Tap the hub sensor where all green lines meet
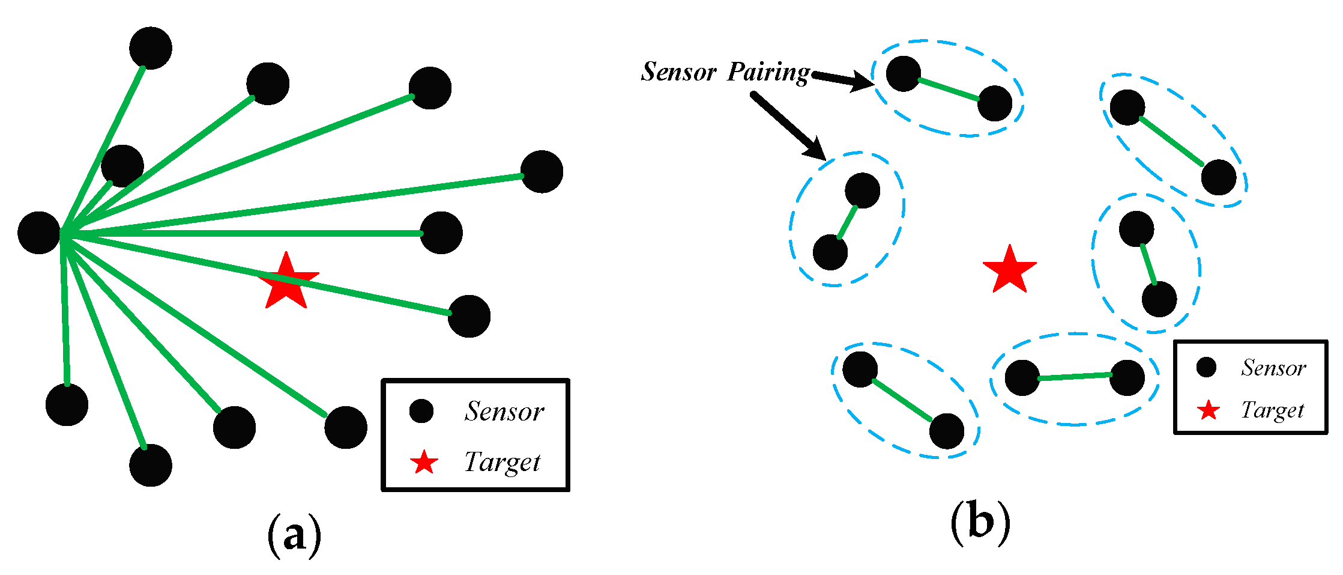coord(39,233)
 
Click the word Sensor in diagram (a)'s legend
coord(504,412)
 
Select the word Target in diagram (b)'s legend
coord(1272,410)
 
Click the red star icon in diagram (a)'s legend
coord(424,463)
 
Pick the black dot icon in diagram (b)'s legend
coord(1206,367)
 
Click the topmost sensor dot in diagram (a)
coord(151,48)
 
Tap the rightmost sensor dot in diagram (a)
coord(542,172)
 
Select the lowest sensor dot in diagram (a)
coord(151,465)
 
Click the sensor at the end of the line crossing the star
coord(469,316)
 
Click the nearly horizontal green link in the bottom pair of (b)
coord(1075,377)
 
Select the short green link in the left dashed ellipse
coord(847,222)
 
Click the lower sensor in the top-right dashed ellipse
coord(1218,177)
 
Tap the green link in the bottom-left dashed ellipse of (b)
coord(902,400)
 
